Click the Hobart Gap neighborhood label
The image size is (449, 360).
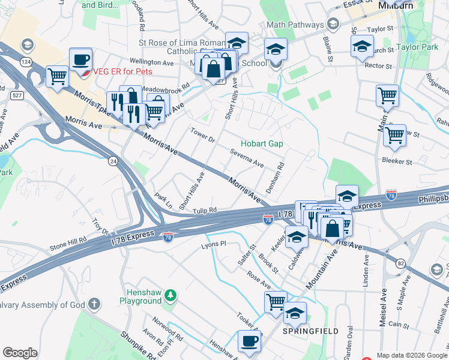[x=262, y=144]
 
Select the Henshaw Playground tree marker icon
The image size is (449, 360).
[x=171, y=295]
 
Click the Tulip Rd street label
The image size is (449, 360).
[x=205, y=211]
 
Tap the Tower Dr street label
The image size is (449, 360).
[x=202, y=135]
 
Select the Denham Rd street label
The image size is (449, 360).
[x=279, y=178]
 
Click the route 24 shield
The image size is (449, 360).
[x=112, y=161]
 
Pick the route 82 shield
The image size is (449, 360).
[x=401, y=263]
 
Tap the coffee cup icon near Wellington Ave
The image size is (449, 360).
[x=80, y=60]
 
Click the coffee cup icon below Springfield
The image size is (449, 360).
[x=249, y=343]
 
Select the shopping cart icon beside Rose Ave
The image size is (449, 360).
[x=276, y=302]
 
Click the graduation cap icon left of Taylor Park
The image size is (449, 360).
[x=362, y=47]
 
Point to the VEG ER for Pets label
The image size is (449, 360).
[x=122, y=71]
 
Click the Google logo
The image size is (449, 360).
[x=20, y=353]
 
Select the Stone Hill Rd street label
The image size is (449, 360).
[x=68, y=244]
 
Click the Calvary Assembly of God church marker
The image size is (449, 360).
[x=94, y=304]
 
